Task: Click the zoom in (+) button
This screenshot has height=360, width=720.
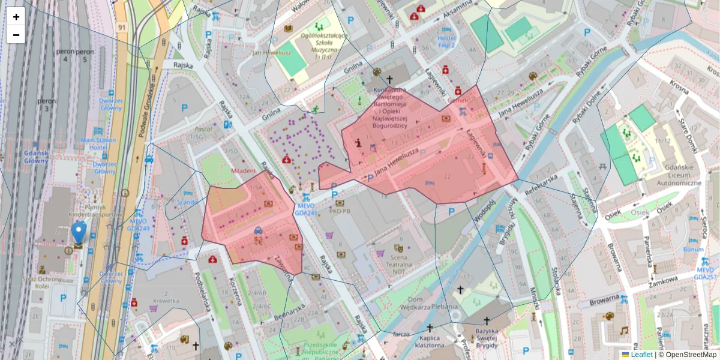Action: [16, 17]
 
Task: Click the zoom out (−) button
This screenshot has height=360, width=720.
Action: [16, 35]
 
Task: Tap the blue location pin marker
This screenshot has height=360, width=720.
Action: [78, 233]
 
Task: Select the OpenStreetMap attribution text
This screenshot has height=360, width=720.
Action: [687, 355]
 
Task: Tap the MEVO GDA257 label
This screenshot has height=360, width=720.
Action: [705, 273]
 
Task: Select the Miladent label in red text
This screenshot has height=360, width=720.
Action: [244, 171]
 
